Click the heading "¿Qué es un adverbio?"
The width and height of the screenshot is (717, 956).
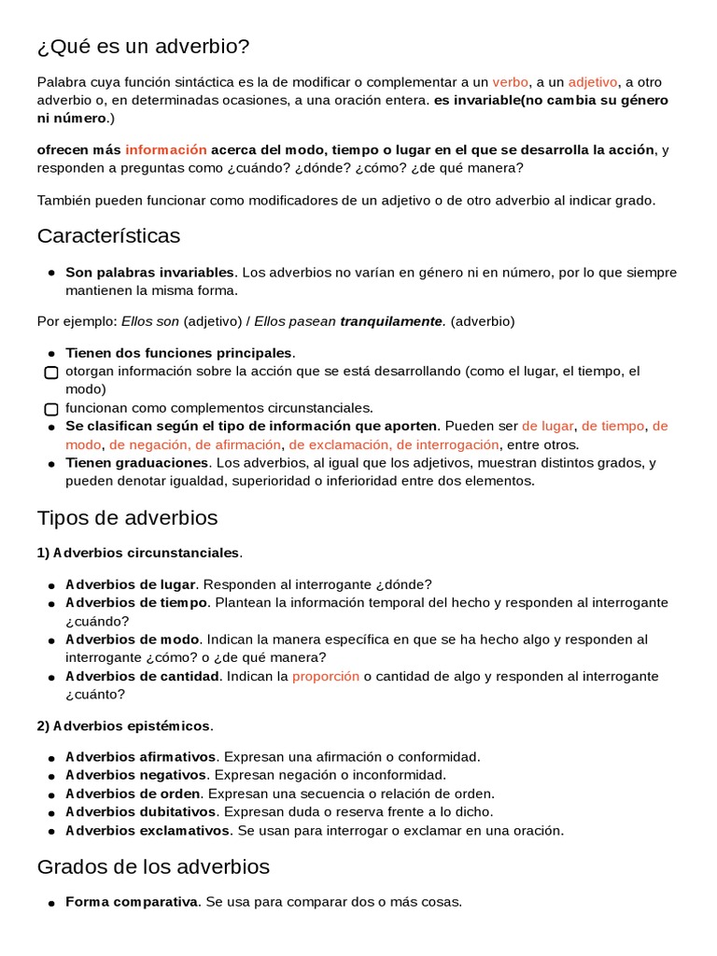(144, 47)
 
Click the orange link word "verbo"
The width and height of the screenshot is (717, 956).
(510, 82)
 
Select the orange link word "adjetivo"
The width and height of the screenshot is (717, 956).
(593, 82)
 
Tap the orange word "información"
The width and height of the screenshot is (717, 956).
(166, 149)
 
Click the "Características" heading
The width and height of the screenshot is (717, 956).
(108, 236)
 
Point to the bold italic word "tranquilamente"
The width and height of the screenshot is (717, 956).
(390, 321)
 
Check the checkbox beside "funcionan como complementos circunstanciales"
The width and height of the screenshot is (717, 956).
(51, 409)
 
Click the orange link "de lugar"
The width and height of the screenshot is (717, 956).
(547, 426)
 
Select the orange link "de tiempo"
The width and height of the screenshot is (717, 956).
(612, 426)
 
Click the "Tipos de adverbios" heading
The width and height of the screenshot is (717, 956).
(127, 518)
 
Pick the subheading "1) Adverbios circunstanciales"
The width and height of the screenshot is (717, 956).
(138, 553)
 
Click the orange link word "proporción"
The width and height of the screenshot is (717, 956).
(325, 676)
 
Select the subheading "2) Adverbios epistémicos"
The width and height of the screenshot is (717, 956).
(124, 725)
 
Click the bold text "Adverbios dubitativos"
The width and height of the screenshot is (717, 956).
(140, 811)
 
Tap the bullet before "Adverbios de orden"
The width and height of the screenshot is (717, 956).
(51, 794)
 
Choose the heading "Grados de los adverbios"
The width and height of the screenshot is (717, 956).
(153, 867)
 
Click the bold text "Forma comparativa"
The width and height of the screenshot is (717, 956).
(131, 902)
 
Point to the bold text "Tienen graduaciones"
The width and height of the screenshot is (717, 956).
(136, 463)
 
